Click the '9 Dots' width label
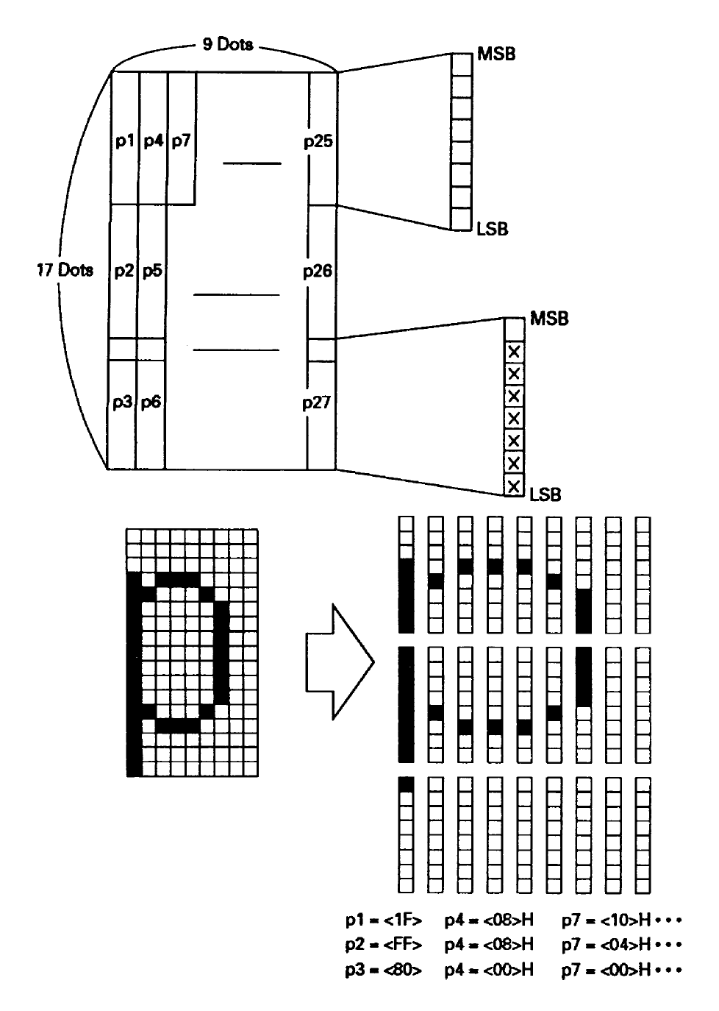pyautogui.click(x=228, y=44)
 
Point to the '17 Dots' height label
pyautogui.click(x=65, y=270)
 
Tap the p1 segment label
pyautogui.click(x=125, y=141)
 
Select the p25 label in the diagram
pyautogui.click(x=318, y=141)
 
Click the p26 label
pyautogui.click(x=318, y=272)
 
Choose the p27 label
pyautogui.click(x=317, y=402)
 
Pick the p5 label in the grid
pyautogui.click(x=152, y=272)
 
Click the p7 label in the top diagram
pyautogui.click(x=182, y=141)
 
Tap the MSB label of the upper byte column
pyautogui.click(x=496, y=54)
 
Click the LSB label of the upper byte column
pyautogui.click(x=493, y=229)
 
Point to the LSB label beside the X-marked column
pyautogui.click(x=545, y=494)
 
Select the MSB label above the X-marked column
pyautogui.click(x=549, y=319)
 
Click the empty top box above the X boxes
pyautogui.click(x=514, y=329)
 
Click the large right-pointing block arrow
pyautogui.click(x=340, y=662)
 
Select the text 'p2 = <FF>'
pyautogui.click(x=384, y=944)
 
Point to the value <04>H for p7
pyautogui.click(x=626, y=944)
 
